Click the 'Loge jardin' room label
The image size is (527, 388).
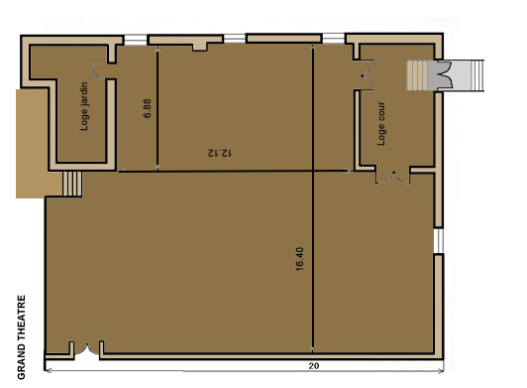(84, 106)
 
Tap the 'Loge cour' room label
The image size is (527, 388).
(381, 124)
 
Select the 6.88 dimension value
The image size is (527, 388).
(148, 108)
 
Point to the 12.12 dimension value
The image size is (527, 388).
(220, 153)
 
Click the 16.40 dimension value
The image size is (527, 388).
(300, 259)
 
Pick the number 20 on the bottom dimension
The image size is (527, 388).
(314, 366)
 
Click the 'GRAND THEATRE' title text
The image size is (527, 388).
(21, 337)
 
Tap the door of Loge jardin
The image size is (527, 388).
(99, 71)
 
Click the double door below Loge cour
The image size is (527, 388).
(392, 178)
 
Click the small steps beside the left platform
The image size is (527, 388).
(72, 184)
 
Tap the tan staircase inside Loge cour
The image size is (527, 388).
(417, 75)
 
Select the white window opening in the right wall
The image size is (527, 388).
(439, 241)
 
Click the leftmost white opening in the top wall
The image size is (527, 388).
(136, 40)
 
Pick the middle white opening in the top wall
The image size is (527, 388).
(235, 38)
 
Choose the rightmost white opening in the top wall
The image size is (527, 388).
(334, 38)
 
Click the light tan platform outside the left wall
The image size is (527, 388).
(31, 144)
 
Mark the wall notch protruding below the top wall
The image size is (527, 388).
(200, 47)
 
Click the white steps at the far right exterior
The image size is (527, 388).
(477, 75)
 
